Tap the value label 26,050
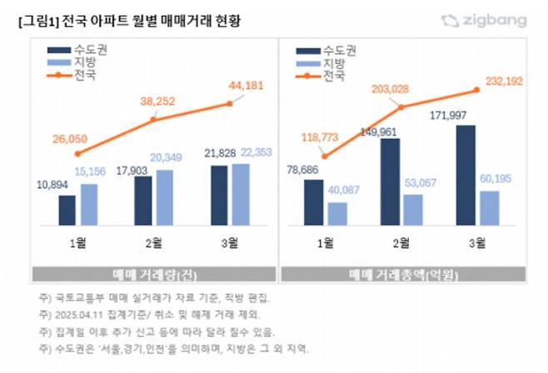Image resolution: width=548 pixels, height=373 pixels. click(69, 139)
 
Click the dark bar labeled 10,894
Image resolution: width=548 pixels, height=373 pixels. click(67, 209)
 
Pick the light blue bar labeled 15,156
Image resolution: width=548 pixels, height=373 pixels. click(89, 203)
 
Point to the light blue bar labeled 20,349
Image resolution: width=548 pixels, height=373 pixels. click(165, 197)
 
